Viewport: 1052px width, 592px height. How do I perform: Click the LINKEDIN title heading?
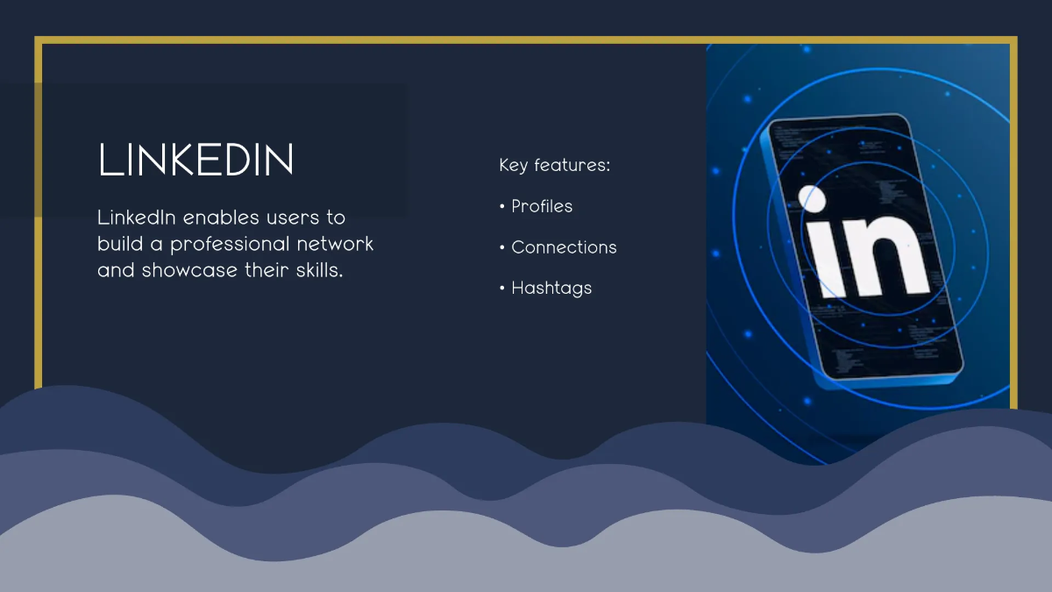[195, 160]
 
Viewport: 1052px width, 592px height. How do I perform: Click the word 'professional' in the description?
[230, 245]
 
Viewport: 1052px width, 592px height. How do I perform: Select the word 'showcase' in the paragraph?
[189, 271]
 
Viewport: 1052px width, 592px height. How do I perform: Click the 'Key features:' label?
[555, 166]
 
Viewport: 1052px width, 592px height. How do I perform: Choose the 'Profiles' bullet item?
[542, 206]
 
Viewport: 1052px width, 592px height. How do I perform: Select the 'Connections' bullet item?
[564, 247]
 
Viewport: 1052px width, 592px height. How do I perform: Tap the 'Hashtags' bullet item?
[551, 289]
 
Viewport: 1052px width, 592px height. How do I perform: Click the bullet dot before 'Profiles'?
[502, 206]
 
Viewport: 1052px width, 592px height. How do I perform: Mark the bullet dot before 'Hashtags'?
[502, 288]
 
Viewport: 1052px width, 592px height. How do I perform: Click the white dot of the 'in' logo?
[812, 199]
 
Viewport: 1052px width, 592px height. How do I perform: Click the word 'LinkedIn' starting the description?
[137, 218]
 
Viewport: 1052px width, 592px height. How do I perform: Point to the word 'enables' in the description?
[221, 218]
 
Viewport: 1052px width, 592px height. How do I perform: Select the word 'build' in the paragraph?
[120, 244]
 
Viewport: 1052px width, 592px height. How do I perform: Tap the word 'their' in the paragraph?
[267, 270]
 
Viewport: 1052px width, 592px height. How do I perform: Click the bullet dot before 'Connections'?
[502, 247]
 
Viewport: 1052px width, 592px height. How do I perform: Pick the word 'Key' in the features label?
[514, 166]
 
